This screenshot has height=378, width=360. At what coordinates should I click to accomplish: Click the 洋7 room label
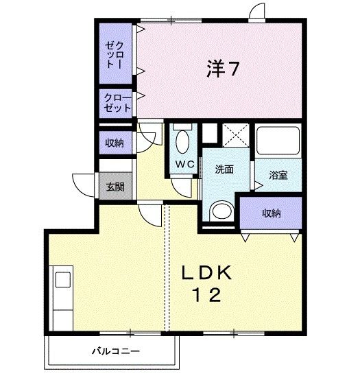[x=223, y=69]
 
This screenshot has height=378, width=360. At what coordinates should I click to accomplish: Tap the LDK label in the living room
[x=206, y=272]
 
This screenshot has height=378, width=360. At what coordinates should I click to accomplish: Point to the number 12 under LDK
[x=206, y=296]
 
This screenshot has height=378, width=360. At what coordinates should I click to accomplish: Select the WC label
[x=182, y=164]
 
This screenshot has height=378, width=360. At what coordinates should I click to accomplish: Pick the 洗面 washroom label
[x=224, y=169]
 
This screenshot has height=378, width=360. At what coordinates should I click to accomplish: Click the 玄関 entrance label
[x=115, y=187]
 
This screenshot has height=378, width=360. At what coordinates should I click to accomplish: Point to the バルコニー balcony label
[x=116, y=351]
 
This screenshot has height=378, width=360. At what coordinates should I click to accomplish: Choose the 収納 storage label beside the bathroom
[x=272, y=213]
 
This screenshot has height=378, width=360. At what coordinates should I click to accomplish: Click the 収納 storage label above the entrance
[x=115, y=143]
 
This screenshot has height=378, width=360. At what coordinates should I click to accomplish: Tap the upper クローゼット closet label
[x=115, y=54]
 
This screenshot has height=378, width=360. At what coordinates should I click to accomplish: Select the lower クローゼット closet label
[x=117, y=103]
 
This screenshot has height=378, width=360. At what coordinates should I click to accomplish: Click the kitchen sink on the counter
[x=62, y=281]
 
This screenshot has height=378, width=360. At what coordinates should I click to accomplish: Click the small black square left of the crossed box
[x=208, y=133]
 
